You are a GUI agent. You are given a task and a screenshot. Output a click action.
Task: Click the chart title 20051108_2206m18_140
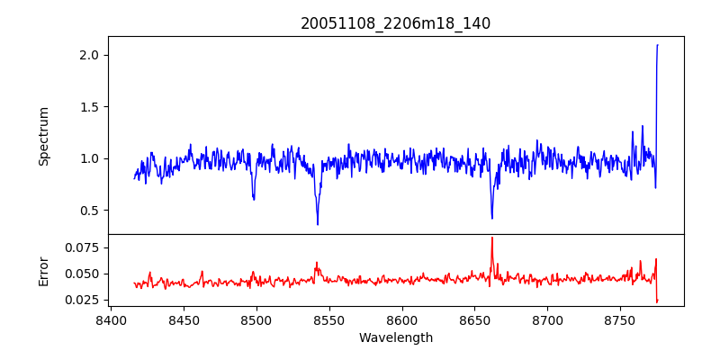click(395, 23)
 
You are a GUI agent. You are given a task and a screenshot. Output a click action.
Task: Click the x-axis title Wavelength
click(395, 337)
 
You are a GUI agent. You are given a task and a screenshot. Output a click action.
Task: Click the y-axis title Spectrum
click(43, 136)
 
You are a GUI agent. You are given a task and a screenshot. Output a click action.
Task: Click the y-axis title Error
click(43, 270)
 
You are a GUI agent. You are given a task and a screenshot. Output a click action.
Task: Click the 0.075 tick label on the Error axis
click(78, 247)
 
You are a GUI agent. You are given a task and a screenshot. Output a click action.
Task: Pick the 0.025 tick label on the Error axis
click(78, 300)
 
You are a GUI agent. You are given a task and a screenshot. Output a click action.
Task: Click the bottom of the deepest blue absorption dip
click(318, 224)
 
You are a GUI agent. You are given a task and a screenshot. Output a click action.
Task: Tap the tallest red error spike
click(492, 238)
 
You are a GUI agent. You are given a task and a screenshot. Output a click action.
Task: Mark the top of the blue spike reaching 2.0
click(658, 45)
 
